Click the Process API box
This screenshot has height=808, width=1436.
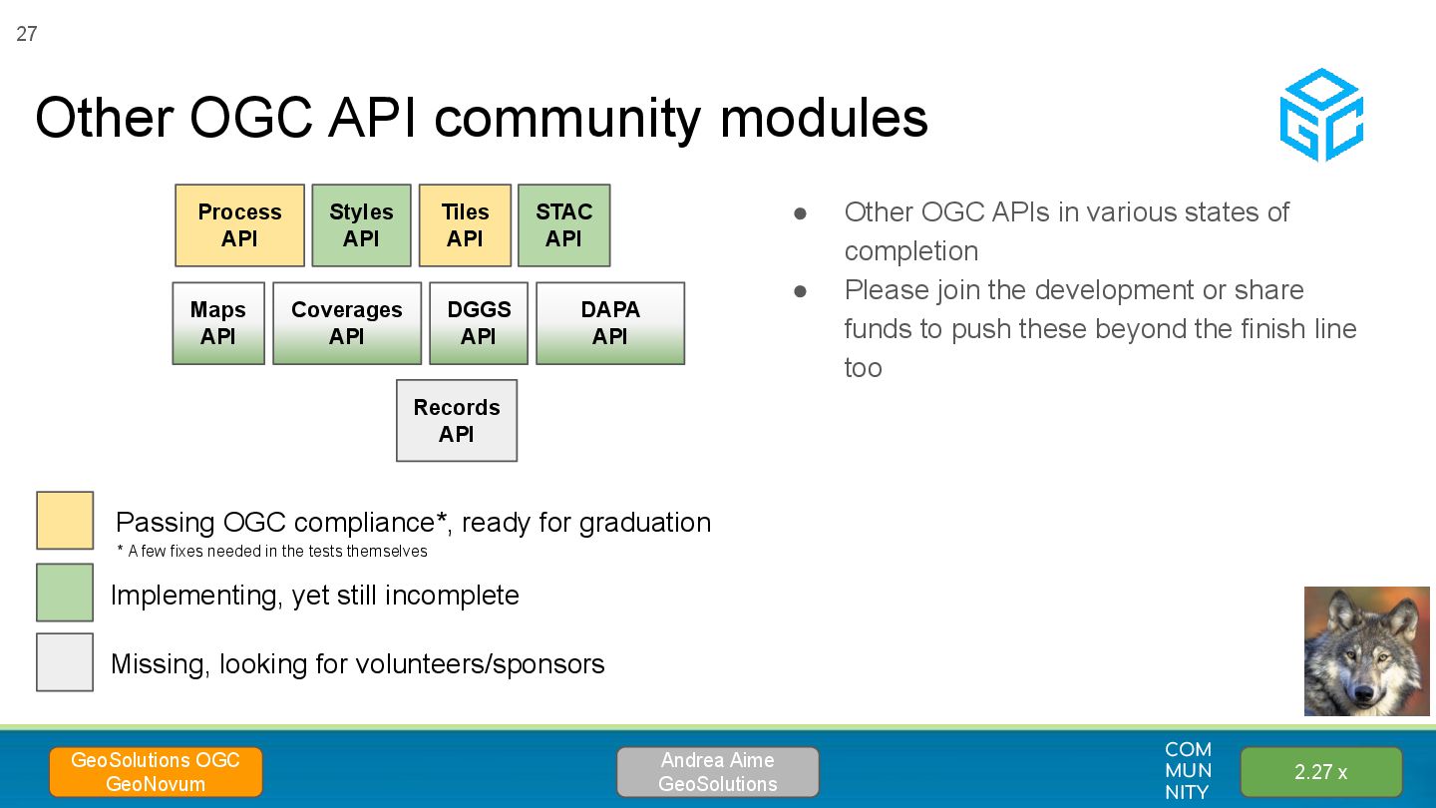239,225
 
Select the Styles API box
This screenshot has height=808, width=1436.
361,225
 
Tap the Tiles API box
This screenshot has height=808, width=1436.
465,225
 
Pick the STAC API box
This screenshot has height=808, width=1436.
563,225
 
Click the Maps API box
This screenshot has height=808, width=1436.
218,323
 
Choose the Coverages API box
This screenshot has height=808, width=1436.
347,323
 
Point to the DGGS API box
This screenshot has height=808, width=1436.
479,323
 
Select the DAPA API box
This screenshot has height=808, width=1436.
610,323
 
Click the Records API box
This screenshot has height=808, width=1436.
457,421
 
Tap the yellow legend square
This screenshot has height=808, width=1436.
65,520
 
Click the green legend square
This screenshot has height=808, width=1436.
65,593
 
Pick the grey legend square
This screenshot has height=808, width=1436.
65,662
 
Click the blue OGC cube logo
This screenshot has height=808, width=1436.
1321,115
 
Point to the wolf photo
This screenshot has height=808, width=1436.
1367,650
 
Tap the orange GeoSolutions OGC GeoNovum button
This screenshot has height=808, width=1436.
156,772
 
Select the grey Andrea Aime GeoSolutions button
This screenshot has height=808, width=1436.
718,772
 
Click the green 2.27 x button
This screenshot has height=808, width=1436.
1321,772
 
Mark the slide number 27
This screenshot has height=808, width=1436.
27,34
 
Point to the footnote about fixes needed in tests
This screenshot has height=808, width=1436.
272,552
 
